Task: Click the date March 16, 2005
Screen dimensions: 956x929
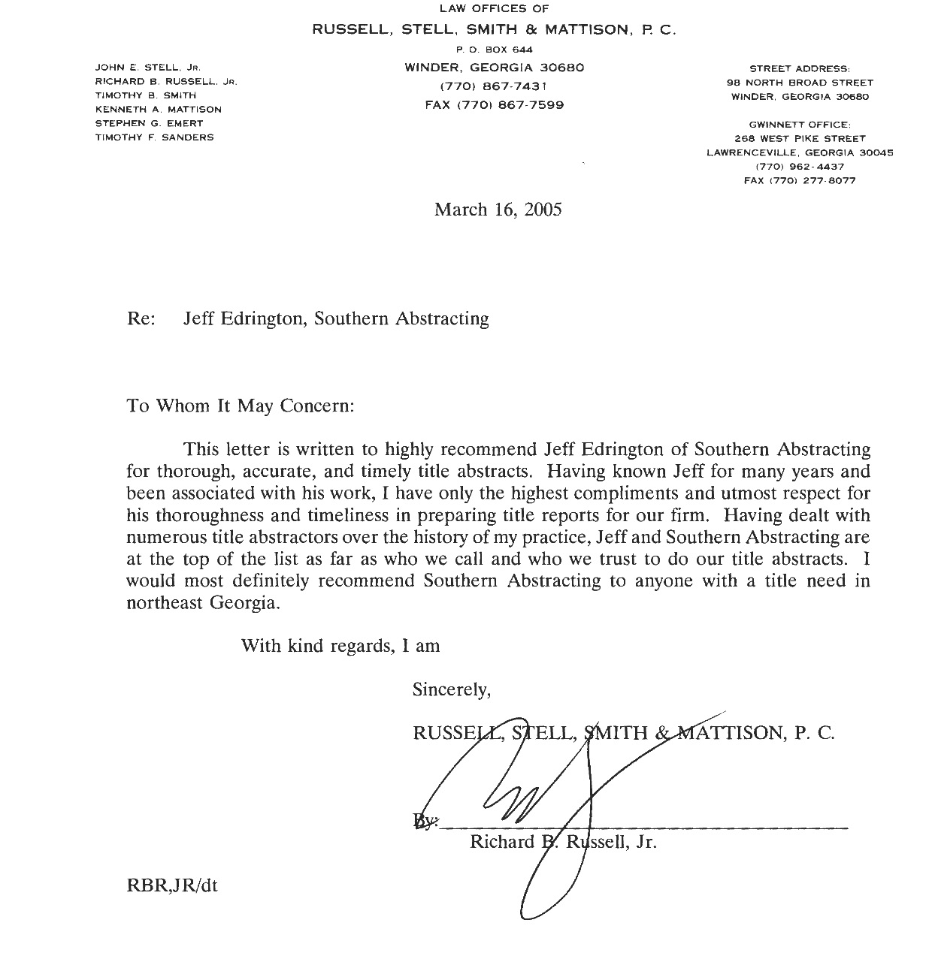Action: point(498,210)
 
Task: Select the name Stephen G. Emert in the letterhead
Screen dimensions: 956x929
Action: point(149,123)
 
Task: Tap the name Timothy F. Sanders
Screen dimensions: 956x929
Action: point(154,137)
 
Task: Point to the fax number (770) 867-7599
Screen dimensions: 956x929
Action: point(494,105)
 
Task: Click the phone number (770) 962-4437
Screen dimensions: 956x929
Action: point(800,167)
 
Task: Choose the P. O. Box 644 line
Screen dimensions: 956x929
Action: point(494,50)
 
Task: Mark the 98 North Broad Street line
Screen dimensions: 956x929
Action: point(800,83)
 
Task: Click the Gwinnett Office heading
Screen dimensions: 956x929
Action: point(800,125)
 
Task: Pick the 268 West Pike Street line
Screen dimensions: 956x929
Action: point(800,139)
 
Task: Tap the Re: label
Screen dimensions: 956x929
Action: point(141,319)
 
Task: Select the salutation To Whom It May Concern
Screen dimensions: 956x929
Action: point(240,406)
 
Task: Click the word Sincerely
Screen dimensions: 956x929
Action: point(452,689)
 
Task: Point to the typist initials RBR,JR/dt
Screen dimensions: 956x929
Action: point(172,885)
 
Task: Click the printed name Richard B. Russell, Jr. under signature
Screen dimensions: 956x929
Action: point(563,842)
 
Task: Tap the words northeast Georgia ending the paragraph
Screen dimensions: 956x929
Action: point(203,603)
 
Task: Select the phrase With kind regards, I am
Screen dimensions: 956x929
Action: point(340,646)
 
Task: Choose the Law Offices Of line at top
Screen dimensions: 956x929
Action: point(494,9)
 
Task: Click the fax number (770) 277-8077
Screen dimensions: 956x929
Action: point(800,181)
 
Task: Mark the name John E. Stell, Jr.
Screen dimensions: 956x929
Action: point(147,68)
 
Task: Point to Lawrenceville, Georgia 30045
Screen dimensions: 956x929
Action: point(800,152)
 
